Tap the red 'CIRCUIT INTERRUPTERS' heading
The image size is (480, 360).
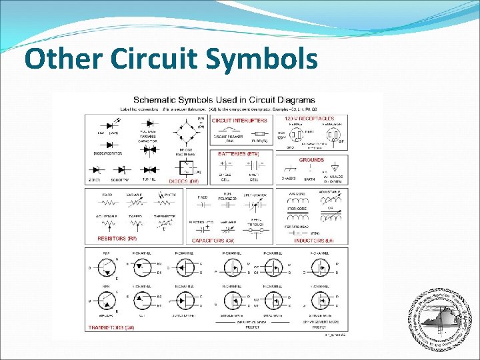239,121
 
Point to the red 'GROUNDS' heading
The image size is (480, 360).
311,160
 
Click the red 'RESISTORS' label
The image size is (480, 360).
117,238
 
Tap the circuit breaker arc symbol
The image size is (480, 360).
230,130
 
